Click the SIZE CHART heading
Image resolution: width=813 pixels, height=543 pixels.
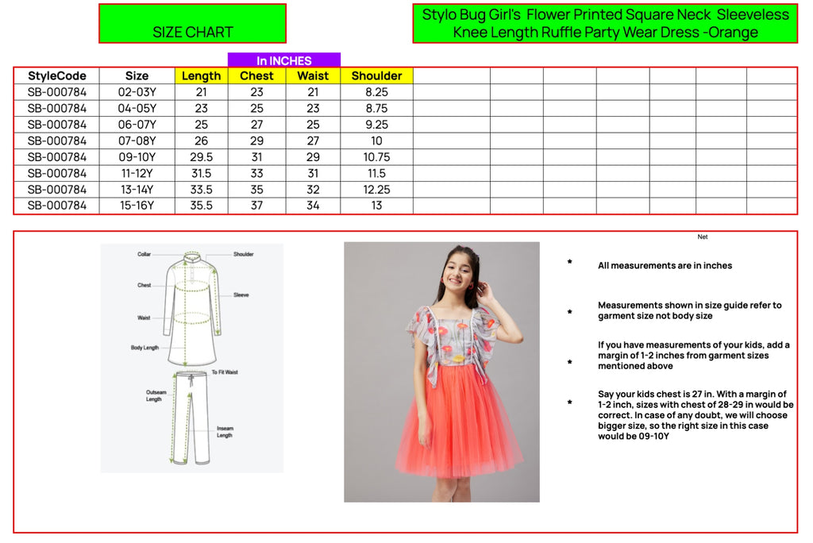[192, 33]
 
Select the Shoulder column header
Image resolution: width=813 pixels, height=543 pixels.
[376, 75]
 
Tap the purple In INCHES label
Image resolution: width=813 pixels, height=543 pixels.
[284, 60]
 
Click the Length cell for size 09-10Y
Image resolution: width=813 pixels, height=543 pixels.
[201, 157]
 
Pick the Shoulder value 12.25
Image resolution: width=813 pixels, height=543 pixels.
[376, 189]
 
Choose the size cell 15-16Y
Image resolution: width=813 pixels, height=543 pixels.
[137, 206]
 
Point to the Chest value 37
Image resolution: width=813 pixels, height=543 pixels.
[256, 206]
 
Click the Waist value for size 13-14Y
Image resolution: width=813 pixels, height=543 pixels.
[313, 189]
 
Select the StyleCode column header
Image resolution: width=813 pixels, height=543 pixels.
[57, 75]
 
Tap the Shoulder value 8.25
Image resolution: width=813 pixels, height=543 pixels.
[376, 92]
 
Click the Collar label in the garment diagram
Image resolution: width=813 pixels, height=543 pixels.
[144, 254]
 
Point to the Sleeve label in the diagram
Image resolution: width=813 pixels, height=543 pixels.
[241, 295]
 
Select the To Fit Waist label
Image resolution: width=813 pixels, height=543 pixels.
[225, 372]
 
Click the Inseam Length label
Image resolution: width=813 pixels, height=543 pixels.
[225, 432]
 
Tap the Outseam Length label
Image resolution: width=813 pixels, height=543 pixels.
[156, 395]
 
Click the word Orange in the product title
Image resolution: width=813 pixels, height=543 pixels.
[733, 33]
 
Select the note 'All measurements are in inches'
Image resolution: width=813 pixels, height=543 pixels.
[665, 265]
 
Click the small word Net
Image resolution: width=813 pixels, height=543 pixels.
[703, 237]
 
